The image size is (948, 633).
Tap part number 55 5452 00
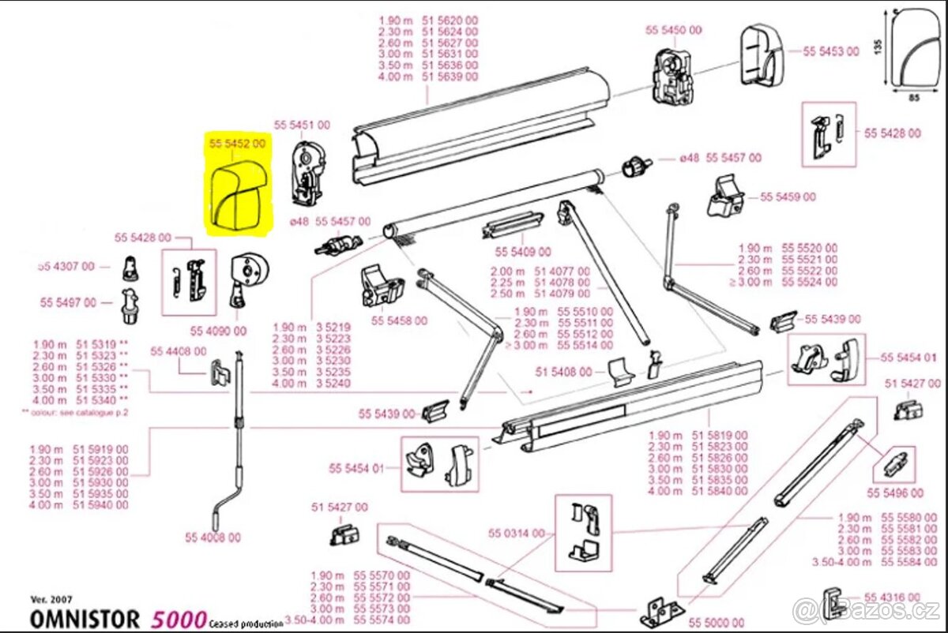(x=237, y=144)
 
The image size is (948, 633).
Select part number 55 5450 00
(x=673, y=30)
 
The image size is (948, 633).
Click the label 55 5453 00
(x=831, y=51)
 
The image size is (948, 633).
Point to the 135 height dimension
(x=878, y=47)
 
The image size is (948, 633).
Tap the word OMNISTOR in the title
(x=85, y=619)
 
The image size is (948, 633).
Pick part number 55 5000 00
(x=716, y=624)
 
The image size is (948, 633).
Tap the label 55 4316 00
(x=892, y=597)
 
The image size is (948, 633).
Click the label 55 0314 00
(x=517, y=534)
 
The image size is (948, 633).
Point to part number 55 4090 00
(x=217, y=330)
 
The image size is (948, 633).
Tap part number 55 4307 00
(x=66, y=267)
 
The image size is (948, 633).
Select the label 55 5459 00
(x=788, y=197)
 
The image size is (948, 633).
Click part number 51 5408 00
(x=563, y=371)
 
